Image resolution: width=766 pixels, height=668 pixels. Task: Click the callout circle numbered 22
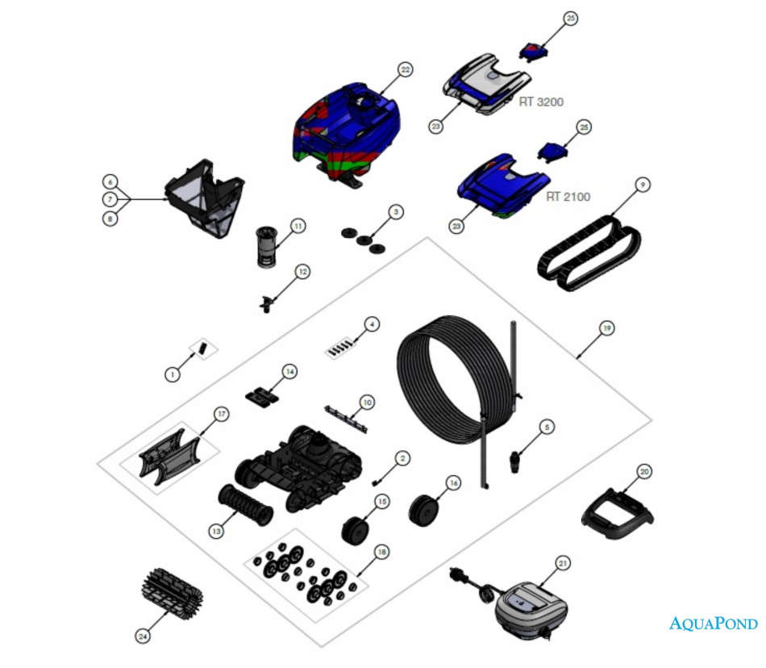[406, 70]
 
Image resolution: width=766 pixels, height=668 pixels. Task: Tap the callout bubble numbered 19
[607, 328]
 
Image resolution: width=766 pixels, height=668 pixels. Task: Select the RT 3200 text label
[541, 102]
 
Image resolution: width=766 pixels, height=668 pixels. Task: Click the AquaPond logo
[714, 624]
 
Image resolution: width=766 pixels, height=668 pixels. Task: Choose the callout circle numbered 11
[298, 227]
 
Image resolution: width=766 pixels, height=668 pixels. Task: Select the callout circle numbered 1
[171, 374]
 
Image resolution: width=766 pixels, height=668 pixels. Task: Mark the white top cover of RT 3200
[489, 85]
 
